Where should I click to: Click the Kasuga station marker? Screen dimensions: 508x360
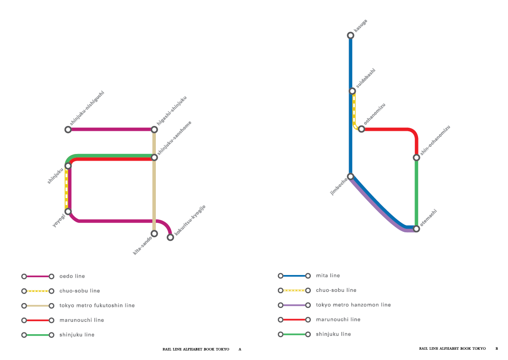click(x=350, y=35)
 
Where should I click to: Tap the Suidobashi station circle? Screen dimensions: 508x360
click(x=353, y=91)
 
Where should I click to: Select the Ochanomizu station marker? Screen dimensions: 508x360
click(x=362, y=129)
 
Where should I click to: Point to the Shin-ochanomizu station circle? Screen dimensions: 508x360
click(x=417, y=158)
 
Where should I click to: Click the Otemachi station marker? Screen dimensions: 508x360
click(x=417, y=229)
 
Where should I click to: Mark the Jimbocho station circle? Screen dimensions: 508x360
click(x=350, y=176)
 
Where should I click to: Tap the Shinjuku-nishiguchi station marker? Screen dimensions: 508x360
click(x=68, y=129)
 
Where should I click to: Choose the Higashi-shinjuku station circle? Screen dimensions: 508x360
click(x=154, y=129)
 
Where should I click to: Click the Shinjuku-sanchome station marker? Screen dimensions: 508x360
click(x=154, y=158)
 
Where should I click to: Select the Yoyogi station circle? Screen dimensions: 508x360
click(x=68, y=211)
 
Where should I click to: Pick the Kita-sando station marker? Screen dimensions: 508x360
click(x=154, y=234)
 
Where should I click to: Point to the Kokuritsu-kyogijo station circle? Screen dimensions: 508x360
click(x=171, y=237)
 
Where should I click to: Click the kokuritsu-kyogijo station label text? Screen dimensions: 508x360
click(x=190, y=220)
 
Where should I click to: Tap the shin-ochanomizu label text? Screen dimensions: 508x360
click(x=435, y=140)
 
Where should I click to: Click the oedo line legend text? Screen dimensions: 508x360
click(x=72, y=276)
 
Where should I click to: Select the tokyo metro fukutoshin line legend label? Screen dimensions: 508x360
click(x=97, y=305)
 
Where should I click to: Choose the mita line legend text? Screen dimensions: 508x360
click(x=328, y=275)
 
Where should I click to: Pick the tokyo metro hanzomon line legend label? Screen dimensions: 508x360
click(x=354, y=305)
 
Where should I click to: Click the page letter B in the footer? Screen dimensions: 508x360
click(x=497, y=349)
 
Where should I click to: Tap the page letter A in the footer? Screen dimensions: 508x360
click(x=240, y=349)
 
